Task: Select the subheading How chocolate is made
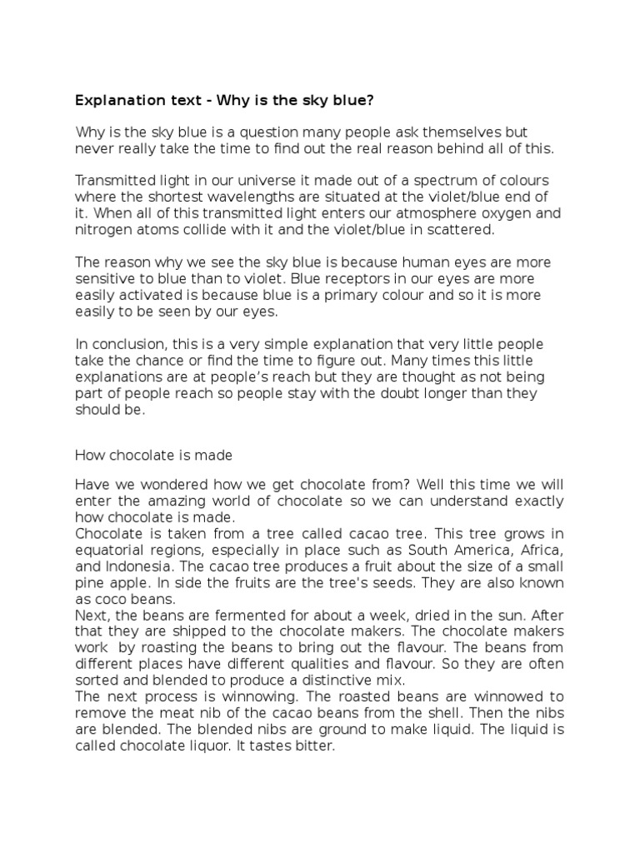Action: pos(153,455)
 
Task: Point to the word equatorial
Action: pos(111,549)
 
